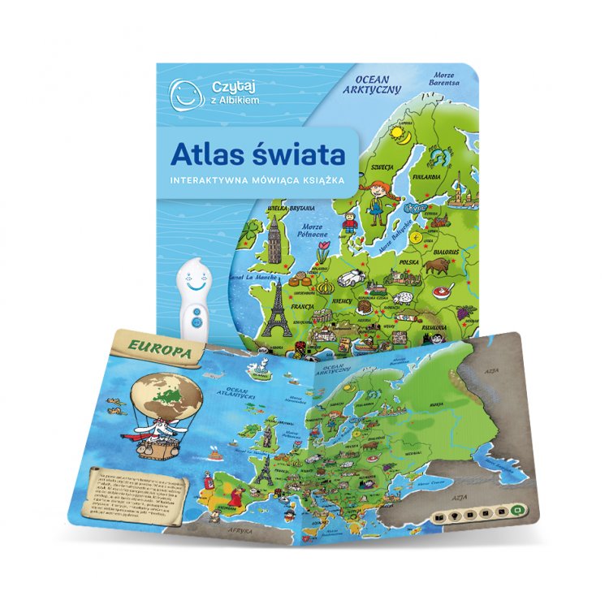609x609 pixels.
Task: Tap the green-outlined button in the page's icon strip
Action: [x=516, y=510]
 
